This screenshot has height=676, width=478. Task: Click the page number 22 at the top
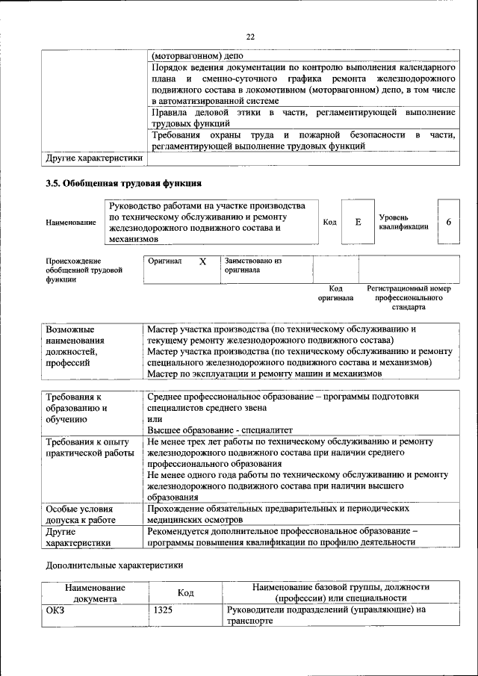click(x=250, y=36)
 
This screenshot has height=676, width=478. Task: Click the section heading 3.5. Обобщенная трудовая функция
click(x=123, y=182)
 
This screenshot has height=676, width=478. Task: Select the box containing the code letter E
click(x=358, y=222)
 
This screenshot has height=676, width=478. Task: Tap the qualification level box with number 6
click(x=448, y=222)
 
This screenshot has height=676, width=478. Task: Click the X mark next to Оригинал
click(x=202, y=262)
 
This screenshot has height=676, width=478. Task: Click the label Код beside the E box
click(x=329, y=222)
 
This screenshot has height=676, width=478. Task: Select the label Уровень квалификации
click(x=403, y=222)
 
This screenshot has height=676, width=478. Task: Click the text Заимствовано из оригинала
click(x=252, y=265)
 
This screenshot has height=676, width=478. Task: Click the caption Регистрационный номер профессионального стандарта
click(x=409, y=297)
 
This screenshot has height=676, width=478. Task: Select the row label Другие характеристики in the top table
click(x=94, y=158)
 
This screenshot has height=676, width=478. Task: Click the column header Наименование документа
click(x=95, y=593)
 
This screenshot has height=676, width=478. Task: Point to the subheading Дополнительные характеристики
click(x=114, y=565)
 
